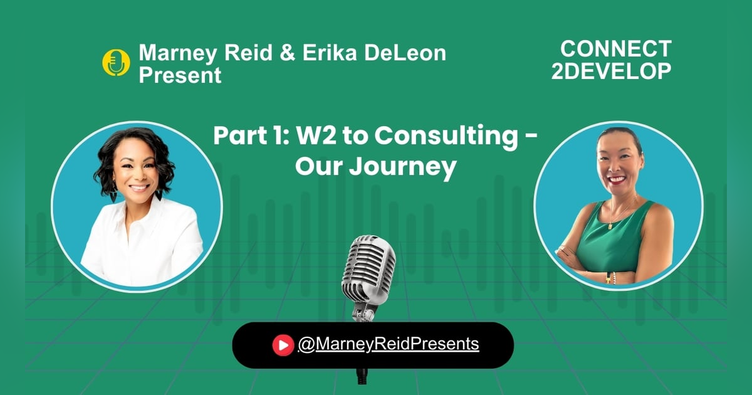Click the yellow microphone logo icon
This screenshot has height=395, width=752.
pos(116,63)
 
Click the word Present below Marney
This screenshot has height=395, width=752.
pos(180,75)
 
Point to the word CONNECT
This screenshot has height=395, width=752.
pos(615,49)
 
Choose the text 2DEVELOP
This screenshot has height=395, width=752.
pos(612,71)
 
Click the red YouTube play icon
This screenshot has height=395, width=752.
pos(283,344)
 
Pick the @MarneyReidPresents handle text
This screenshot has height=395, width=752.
pos(389,344)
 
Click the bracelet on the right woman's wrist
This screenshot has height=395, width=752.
pos(611,276)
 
